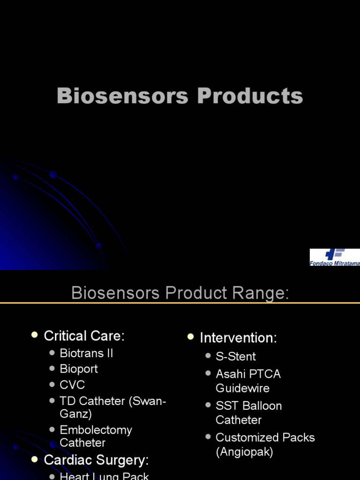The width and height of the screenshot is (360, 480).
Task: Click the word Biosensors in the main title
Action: [123, 96]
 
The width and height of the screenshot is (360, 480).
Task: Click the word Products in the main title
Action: [250, 96]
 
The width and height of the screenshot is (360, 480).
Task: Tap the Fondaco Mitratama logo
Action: [335, 257]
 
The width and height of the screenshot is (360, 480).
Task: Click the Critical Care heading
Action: [84, 336]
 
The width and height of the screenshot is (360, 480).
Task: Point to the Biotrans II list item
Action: [86, 353]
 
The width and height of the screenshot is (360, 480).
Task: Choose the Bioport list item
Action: [79, 369]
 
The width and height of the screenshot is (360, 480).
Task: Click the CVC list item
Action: [72, 385]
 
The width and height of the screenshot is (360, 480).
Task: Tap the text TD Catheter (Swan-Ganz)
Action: [112, 407]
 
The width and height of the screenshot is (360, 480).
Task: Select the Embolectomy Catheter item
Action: [96, 436]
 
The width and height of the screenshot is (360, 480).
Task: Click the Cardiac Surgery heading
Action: [96, 460]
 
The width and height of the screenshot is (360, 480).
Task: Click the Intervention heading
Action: [238, 337]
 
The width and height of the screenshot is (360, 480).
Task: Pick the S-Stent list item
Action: [235, 356]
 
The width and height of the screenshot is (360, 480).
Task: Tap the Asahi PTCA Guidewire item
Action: [248, 381]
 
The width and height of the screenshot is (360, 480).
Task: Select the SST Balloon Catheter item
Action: [248, 412]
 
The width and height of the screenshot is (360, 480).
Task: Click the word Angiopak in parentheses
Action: [244, 452]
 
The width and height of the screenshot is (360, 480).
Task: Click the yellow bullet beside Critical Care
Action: [34, 335]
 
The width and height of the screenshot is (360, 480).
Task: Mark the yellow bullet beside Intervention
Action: [190, 337]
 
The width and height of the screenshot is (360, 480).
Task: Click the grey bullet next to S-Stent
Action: [208, 356]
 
